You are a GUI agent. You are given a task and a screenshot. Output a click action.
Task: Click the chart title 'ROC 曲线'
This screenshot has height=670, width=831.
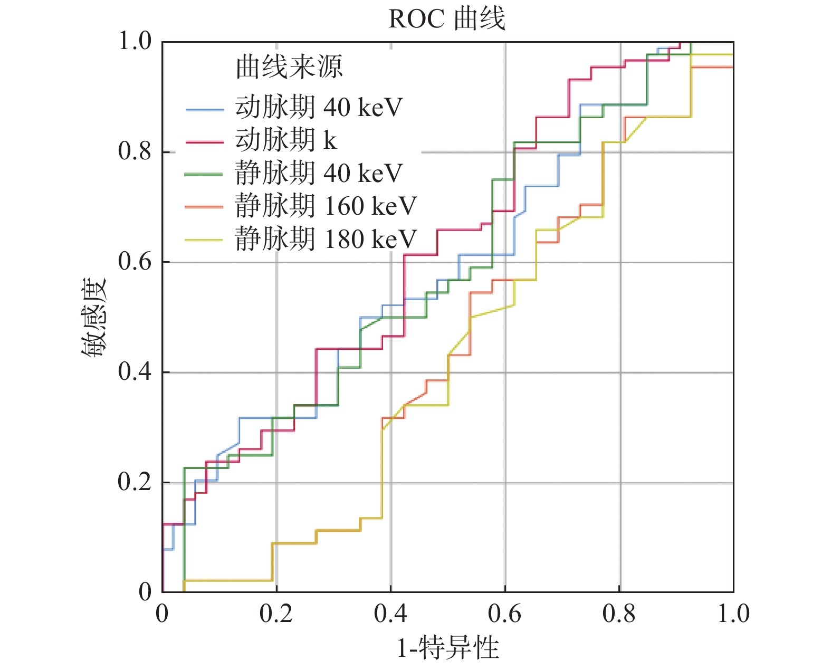[x=446, y=19]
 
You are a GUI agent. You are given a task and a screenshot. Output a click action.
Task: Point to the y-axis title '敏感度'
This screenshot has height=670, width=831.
[x=94, y=317]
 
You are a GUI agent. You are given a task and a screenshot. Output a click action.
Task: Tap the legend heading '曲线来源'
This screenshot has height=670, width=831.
[x=289, y=67]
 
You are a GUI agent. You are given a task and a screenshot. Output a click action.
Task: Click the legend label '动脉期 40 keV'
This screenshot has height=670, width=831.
[x=319, y=107]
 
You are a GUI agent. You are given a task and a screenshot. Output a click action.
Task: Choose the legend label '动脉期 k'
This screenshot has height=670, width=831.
[x=285, y=140]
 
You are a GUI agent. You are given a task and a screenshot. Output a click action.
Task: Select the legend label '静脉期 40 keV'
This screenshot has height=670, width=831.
[x=319, y=173]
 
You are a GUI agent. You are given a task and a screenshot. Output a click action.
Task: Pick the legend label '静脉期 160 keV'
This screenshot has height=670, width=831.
[x=326, y=206]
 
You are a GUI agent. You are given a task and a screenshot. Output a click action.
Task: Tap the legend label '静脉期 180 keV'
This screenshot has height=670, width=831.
[x=326, y=239]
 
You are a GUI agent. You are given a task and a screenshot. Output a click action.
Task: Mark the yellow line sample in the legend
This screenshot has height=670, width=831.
[x=204, y=241]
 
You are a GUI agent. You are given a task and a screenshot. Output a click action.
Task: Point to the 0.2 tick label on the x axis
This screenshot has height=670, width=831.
[x=276, y=614]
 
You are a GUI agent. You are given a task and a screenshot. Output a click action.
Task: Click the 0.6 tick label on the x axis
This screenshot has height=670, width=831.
[x=505, y=614]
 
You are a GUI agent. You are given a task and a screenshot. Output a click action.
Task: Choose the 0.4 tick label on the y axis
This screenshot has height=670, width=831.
[x=135, y=372]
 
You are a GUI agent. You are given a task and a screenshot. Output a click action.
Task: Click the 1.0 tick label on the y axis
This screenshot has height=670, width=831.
[x=135, y=41]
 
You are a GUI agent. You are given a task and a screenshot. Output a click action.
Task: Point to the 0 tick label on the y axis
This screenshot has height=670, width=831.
[x=145, y=592]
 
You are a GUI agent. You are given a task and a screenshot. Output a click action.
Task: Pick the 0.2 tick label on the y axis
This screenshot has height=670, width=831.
[x=135, y=482]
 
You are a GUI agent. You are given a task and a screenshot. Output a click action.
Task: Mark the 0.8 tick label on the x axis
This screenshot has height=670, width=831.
[x=619, y=614]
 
